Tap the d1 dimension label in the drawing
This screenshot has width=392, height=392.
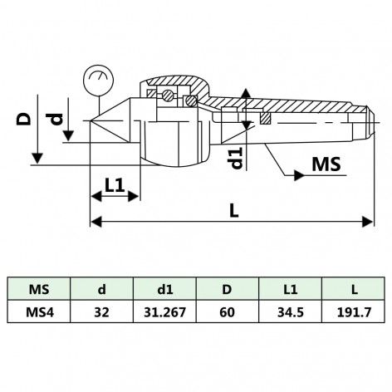pos(237,157)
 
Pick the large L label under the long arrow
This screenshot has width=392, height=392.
pos(234,211)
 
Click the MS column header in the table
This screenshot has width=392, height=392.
pos(38,290)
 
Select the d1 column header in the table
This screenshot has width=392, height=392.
pos(164,290)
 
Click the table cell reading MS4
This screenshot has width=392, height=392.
pos(38,315)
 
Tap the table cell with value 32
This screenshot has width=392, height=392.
pos(101,315)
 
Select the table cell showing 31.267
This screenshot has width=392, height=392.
pos(164,315)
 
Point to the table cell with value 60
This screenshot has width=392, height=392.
pos(228,315)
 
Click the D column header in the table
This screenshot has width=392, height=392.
pos(228,290)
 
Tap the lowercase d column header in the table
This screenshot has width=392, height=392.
pos(101,290)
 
